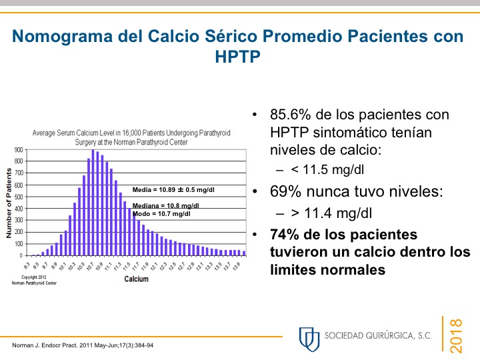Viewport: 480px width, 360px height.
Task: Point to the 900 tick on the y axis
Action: pyautogui.click(x=18, y=150)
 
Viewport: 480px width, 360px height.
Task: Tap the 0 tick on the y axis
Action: pyautogui.click(x=22, y=255)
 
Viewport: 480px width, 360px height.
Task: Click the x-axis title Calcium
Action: pyautogui.click(x=136, y=279)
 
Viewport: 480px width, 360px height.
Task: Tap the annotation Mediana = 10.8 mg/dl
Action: pyautogui.click(x=166, y=205)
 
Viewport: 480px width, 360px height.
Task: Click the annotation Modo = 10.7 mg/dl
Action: pyautogui.click(x=162, y=214)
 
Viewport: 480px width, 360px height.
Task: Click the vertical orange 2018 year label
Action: pyautogui.click(x=457, y=336)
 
